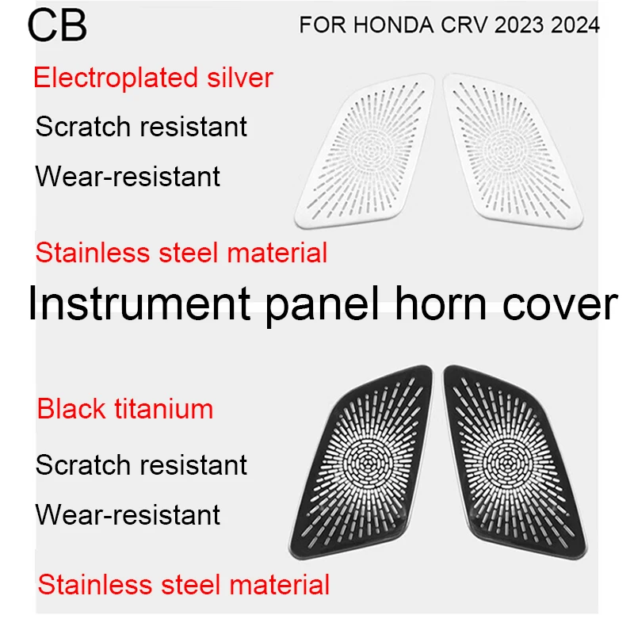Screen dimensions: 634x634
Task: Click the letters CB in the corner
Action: (x=57, y=25)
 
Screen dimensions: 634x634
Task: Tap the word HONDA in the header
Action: (x=393, y=25)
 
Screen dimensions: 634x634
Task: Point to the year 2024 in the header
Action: (x=575, y=25)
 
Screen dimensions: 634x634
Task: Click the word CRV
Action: (x=464, y=25)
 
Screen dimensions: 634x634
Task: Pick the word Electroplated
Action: (x=116, y=78)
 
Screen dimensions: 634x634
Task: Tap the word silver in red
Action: (x=240, y=78)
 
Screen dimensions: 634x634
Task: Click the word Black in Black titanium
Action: (x=71, y=408)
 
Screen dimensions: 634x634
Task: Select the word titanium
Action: (x=164, y=408)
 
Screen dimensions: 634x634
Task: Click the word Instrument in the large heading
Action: (x=139, y=304)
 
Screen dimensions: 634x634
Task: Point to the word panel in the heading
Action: (x=323, y=305)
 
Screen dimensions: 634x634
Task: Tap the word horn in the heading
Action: (x=441, y=304)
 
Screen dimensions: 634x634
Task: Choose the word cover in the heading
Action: (x=560, y=307)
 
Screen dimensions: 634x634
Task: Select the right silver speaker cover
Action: (x=511, y=151)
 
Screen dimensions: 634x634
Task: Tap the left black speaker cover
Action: (x=362, y=462)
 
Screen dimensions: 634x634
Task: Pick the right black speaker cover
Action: (x=514, y=462)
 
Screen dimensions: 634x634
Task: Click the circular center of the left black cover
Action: (x=367, y=462)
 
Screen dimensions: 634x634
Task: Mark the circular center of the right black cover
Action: (x=506, y=462)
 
